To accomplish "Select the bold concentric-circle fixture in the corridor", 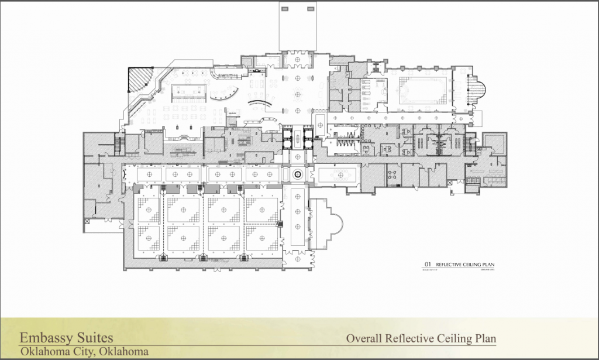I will pos(297,174).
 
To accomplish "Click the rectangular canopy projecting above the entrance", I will pos(298,26).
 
